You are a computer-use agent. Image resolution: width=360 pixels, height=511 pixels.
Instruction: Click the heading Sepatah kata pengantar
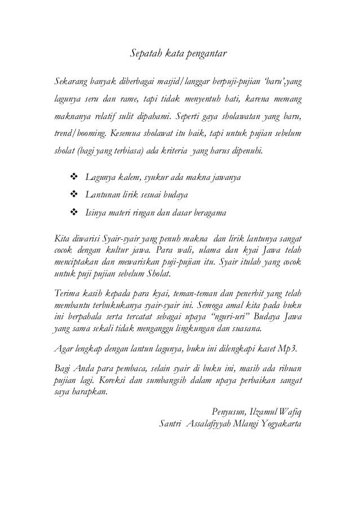click(179, 54)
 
